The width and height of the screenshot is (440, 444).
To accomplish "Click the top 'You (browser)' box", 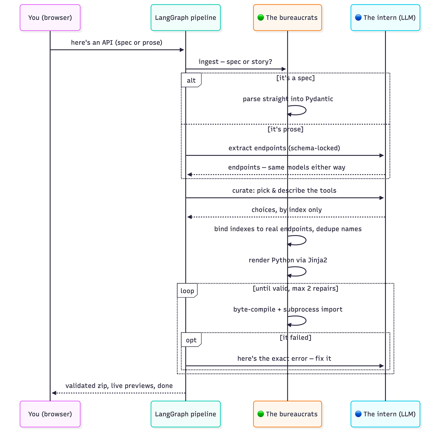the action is [x=50, y=18].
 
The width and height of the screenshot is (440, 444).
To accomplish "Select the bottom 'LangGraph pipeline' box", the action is [x=185, y=414].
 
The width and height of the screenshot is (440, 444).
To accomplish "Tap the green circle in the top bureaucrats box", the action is [x=261, y=18].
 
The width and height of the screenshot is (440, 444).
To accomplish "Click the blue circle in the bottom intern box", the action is [x=358, y=414].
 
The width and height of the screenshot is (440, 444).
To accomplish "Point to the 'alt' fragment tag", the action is [x=191, y=80].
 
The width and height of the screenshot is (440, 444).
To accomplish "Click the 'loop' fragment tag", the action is [x=187, y=290].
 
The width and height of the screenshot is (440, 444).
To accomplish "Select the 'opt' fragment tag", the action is [x=191, y=340].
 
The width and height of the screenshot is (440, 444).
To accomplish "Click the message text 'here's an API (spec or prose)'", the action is [x=116, y=43].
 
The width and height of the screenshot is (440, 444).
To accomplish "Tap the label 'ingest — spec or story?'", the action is [x=235, y=62].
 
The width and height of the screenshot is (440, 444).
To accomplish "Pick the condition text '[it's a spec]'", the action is [x=295, y=78].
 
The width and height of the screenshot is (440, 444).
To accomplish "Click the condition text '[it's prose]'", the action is [x=285, y=129].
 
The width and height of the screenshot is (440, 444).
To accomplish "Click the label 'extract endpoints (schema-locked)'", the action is [x=284, y=148].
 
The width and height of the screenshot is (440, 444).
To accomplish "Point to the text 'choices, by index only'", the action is [x=287, y=210].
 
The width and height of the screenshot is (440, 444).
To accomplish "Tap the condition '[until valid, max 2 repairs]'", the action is [x=295, y=288].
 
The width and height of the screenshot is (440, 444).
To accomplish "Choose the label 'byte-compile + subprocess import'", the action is [x=288, y=309].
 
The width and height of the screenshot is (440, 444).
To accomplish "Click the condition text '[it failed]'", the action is [x=295, y=337].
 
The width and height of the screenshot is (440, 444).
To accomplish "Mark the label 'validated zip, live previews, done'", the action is [x=119, y=386].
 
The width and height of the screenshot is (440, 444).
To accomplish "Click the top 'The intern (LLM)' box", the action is [x=385, y=18].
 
